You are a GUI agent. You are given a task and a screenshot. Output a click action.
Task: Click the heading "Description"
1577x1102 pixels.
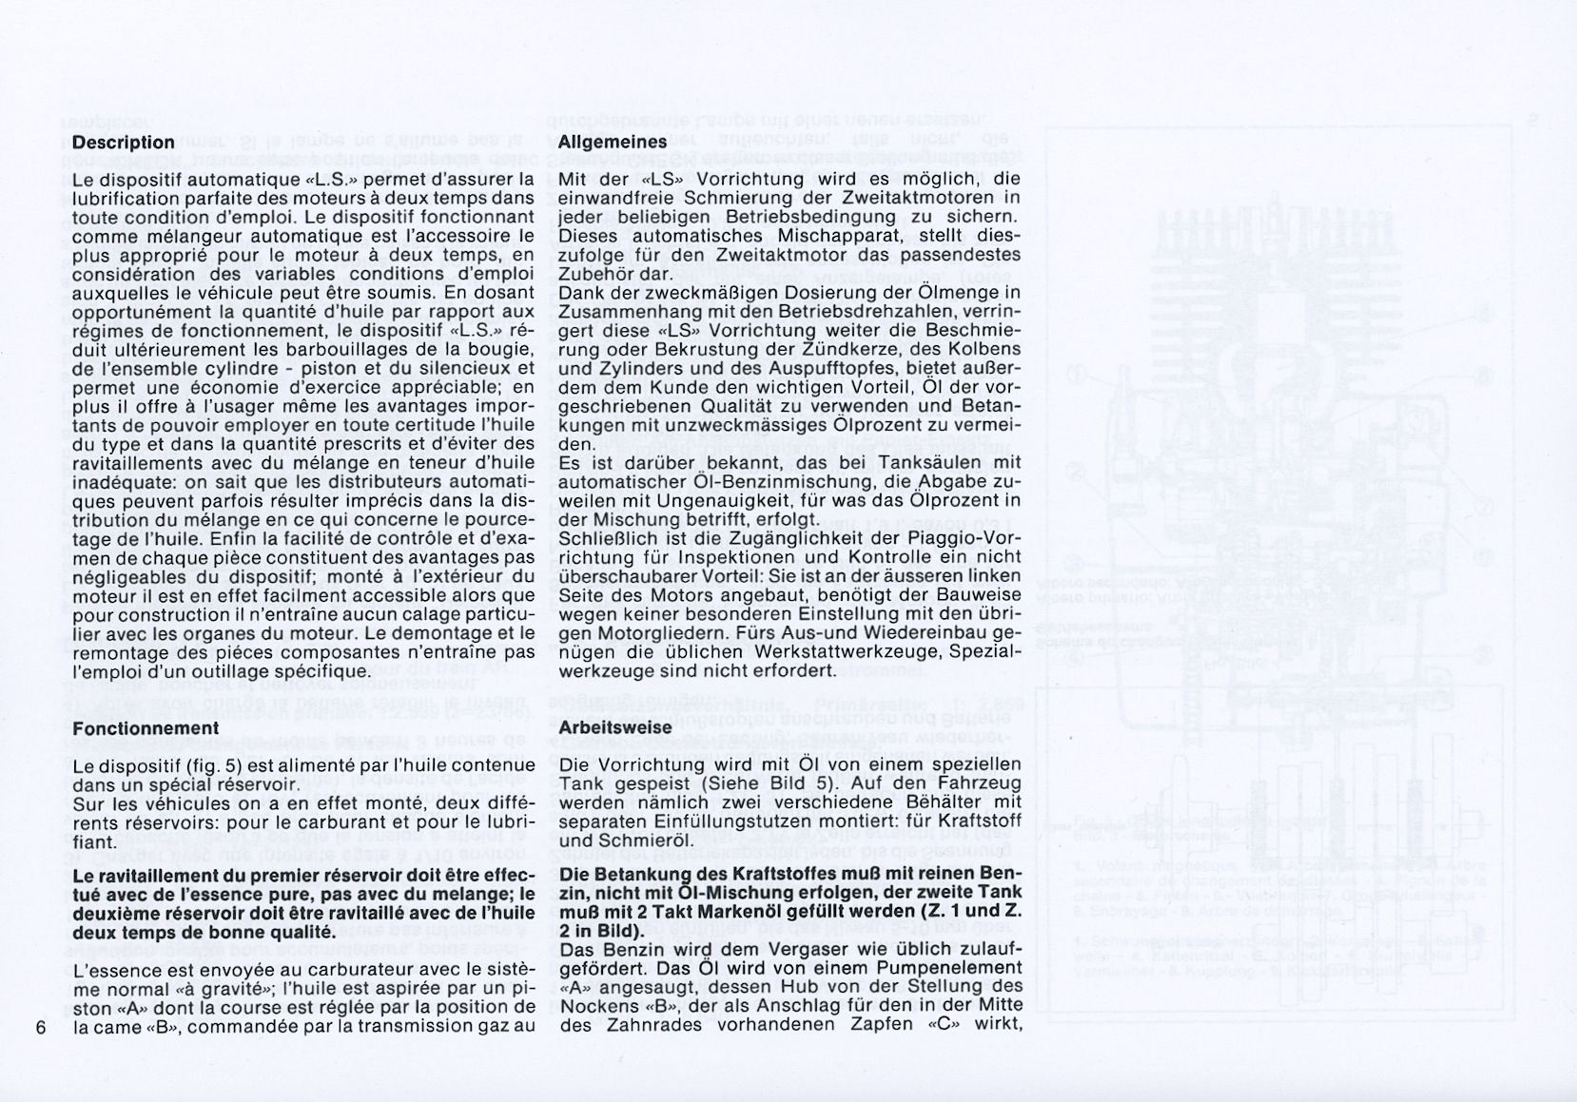124,143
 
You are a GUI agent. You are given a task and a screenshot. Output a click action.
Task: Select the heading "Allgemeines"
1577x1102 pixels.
612,143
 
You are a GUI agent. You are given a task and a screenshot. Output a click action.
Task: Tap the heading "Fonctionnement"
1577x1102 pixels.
146,728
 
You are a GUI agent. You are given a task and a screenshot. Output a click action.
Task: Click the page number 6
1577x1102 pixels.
40,1027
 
